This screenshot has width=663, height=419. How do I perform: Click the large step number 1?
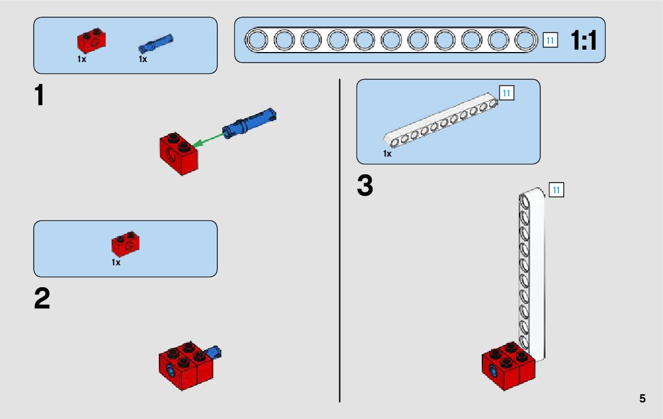[x=40, y=96]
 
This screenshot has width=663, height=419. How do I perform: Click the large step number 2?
[x=42, y=299]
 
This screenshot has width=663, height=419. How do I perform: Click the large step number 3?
[x=365, y=186]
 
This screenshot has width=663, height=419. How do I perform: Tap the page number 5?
[x=642, y=398]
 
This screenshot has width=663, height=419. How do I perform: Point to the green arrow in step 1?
[x=209, y=140]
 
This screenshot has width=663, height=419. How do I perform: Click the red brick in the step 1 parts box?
[x=91, y=40]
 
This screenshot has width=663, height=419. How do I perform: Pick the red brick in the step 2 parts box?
[x=125, y=243]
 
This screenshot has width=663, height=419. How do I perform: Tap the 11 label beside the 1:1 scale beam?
[x=550, y=40]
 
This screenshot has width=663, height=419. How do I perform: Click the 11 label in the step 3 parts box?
[x=507, y=93]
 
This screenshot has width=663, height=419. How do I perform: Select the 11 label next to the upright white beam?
[x=556, y=190]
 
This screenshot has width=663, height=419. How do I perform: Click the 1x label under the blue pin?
[x=143, y=59]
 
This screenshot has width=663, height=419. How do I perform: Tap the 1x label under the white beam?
[x=387, y=154]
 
